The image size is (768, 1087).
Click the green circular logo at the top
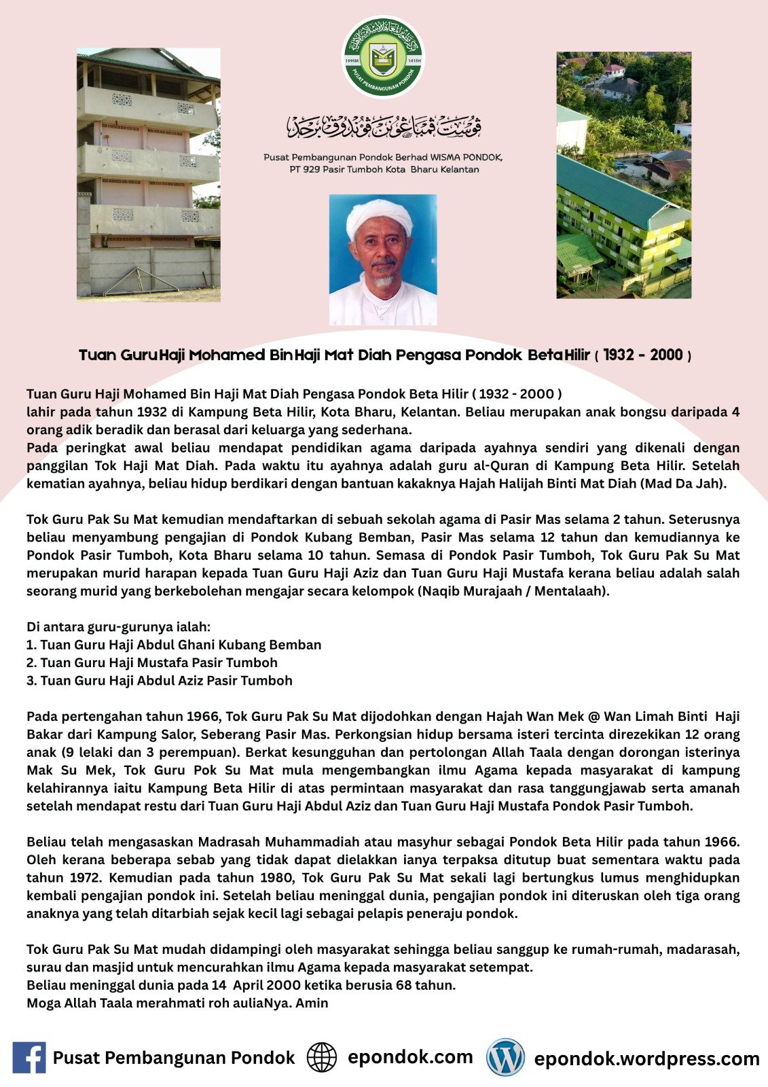[383, 58]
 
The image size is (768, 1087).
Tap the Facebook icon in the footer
[29, 1058]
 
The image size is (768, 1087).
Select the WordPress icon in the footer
[505, 1058]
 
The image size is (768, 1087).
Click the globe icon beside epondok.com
[322, 1058]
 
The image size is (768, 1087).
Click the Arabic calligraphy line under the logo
[384, 126]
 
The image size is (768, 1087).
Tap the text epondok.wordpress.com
[646, 1058]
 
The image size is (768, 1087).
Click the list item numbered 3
[160, 681]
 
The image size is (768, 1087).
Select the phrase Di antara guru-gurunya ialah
[119, 627]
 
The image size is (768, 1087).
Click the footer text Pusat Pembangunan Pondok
[174, 1058]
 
